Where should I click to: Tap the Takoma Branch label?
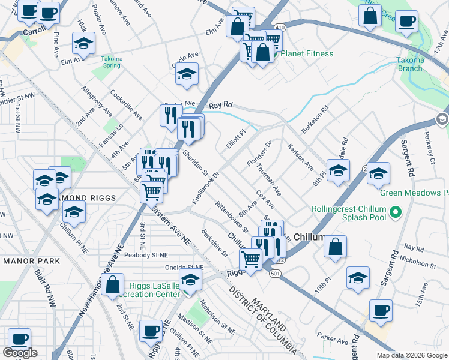coord(410,64)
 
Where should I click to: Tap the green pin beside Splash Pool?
coord(395,212)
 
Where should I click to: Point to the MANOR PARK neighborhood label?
coord(31,261)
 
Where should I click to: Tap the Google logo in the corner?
coord(20,353)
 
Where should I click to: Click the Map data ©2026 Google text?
coord(412,355)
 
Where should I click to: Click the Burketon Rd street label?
coord(316,119)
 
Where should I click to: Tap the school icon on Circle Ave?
coord(187,74)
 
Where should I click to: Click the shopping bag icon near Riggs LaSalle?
coord(113,284)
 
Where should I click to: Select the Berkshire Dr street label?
coord(214,242)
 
